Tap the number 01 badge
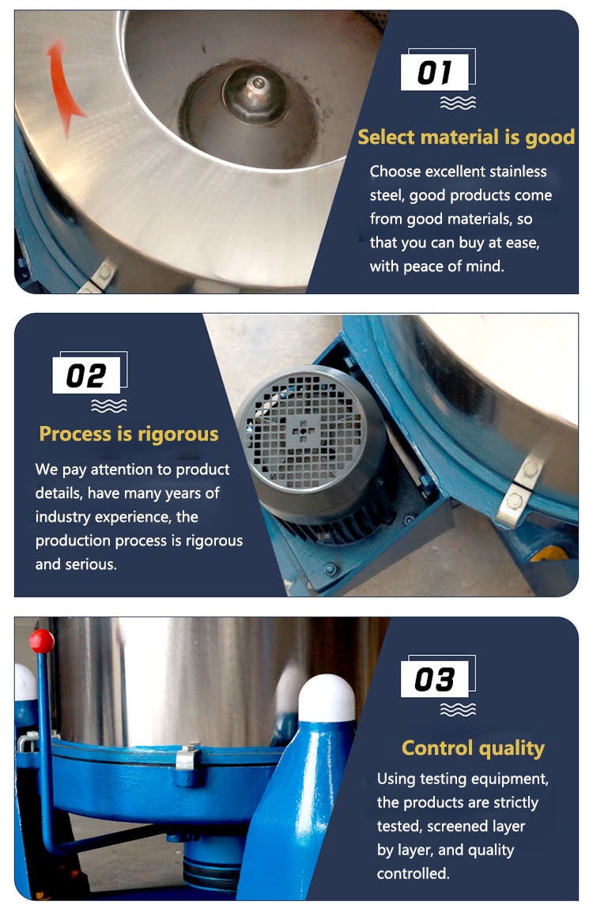pos(435,73)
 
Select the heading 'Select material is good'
pos(466,138)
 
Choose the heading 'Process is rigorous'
pos(129,434)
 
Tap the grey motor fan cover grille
pos(302,430)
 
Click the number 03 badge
pos(435,679)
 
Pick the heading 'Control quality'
pos(473,749)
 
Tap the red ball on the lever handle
pos(42,641)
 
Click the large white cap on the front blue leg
pos(327,698)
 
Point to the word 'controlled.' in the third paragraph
pos(413,873)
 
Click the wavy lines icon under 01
pos(458,103)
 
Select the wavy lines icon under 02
pos(109,405)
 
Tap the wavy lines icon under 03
pos(458,709)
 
